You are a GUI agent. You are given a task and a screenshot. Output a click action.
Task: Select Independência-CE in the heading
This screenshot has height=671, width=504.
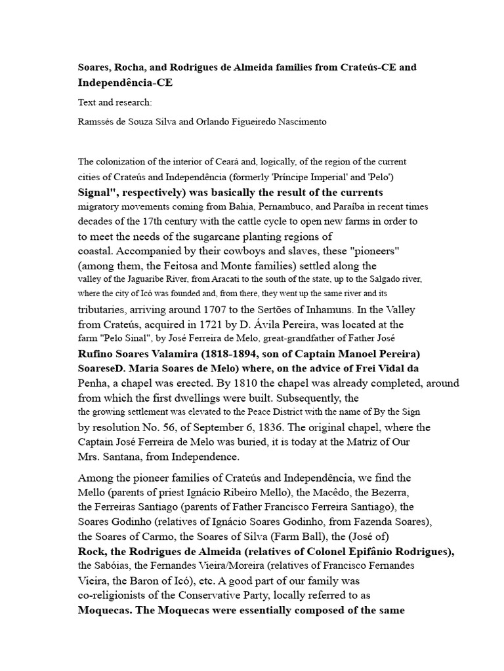coord(126,83)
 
